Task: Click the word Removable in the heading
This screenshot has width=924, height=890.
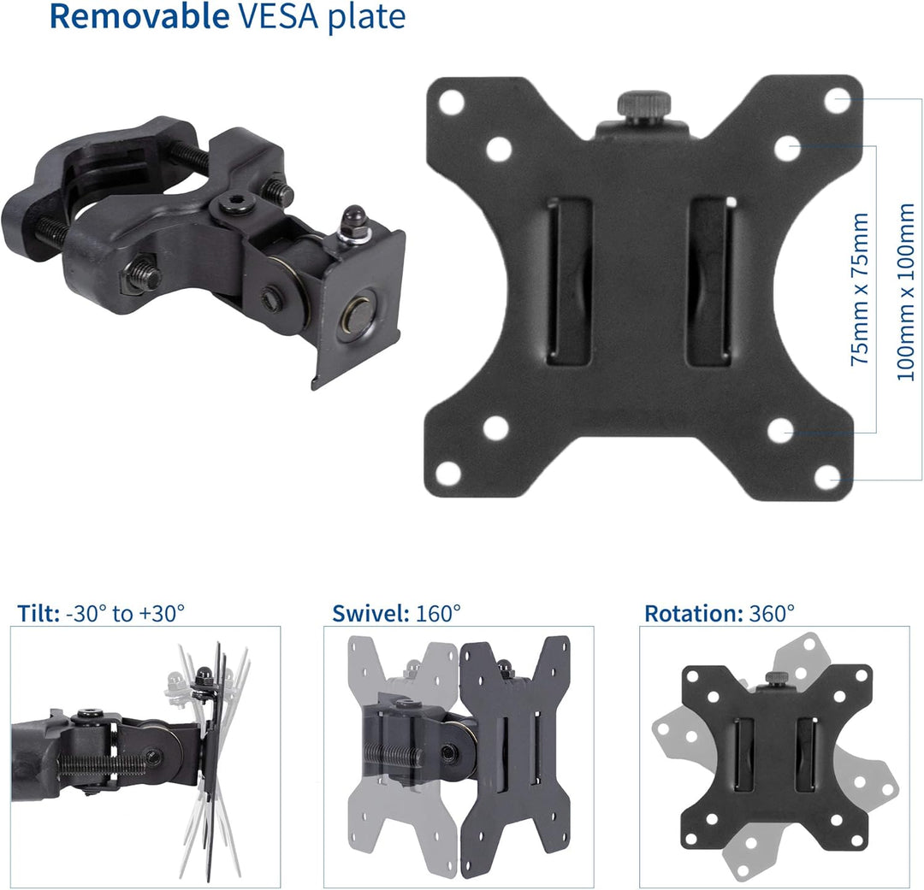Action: pos(139,16)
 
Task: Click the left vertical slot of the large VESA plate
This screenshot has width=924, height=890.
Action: pos(569,284)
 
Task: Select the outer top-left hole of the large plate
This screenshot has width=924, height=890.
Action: pos(452,103)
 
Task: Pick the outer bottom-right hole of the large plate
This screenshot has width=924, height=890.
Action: pos(828,476)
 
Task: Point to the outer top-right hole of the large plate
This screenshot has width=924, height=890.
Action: pos(838,100)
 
